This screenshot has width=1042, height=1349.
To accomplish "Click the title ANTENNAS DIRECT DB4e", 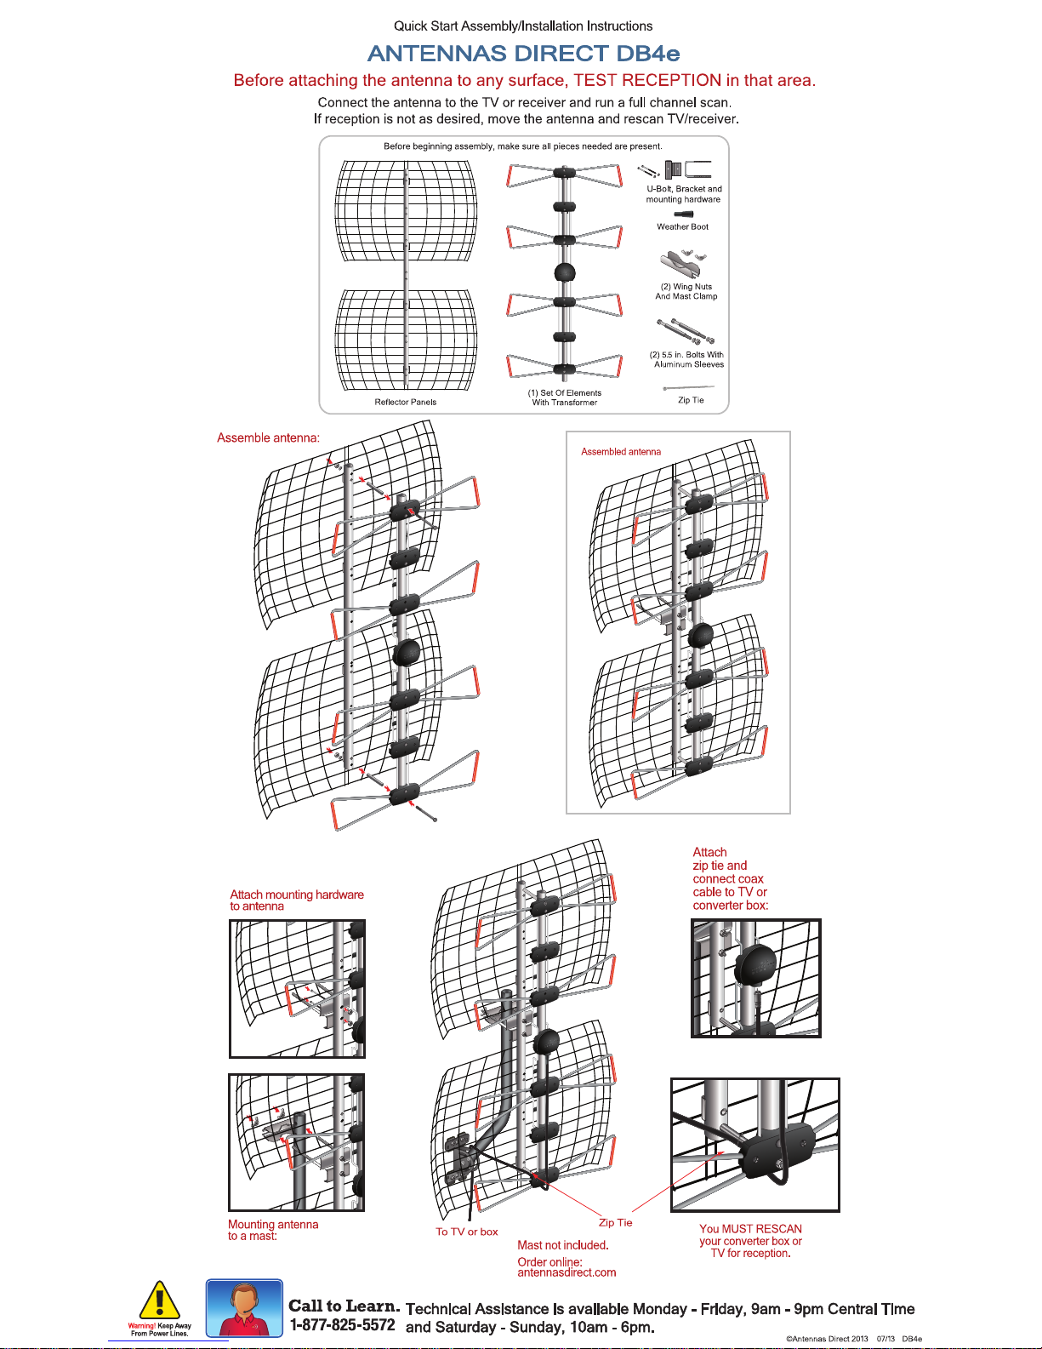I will coord(523,54).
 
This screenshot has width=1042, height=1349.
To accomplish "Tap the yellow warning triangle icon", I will coord(159,1301).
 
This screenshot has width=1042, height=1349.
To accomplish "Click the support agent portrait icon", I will coord(244,1308).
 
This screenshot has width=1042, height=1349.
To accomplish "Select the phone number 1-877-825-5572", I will coord(342,1325).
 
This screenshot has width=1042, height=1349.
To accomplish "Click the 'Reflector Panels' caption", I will coord(405,402).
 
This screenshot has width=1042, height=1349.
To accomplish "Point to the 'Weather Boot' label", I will coord(682,227).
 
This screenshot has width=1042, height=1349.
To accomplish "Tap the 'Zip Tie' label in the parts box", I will coord(691,400).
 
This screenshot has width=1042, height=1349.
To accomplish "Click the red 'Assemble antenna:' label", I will coord(268,437).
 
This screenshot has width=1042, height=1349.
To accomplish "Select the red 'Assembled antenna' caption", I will coord(621,452).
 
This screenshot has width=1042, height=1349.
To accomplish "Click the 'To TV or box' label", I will coord(467,1232).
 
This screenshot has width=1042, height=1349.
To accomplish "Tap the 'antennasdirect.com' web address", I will coord(567,1272).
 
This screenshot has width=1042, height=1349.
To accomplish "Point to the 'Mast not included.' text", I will coord(563,1245).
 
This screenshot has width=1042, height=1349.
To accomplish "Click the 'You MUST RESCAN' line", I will coord(750,1229).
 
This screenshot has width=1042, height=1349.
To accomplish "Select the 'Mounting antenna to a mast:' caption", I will coord(272,1230).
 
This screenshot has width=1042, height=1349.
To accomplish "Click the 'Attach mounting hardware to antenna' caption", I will coord(296,900).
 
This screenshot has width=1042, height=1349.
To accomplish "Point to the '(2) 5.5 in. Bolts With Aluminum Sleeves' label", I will coord(687,359).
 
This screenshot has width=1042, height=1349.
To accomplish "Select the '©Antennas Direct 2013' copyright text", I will coord(827,1339).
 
